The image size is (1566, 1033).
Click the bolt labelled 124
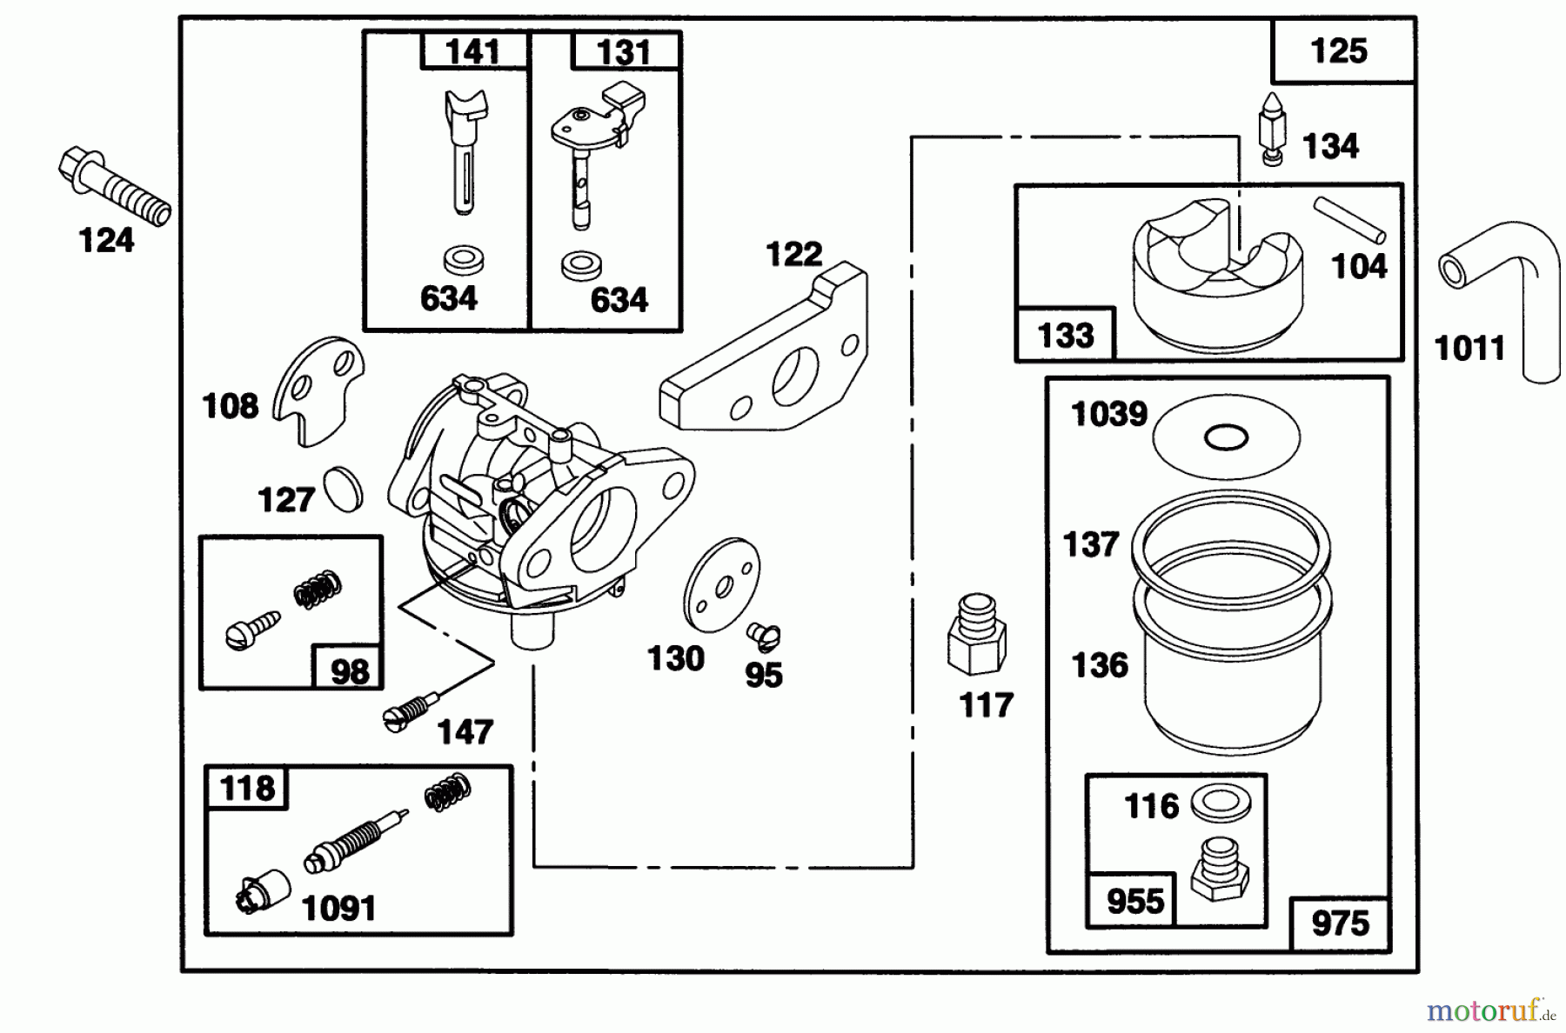pyautogui.click(x=113, y=185)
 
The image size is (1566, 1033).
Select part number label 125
pyautogui.click(x=1339, y=51)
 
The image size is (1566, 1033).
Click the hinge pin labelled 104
pyautogui.click(x=1348, y=220)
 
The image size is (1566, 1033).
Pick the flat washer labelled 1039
pyautogui.click(x=1226, y=437)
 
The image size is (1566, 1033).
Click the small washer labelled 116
pyautogui.click(x=1221, y=804)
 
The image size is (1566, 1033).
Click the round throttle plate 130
pyautogui.click(x=721, y=584)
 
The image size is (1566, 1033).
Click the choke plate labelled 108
pyautogui.click(x=318, y=389)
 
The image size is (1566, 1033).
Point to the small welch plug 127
pyautogui.click(x=343, y=489)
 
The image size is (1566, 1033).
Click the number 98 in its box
pyautogui.click(x=349, y=671)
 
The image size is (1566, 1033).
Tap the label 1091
pyautogui.click(x=338, y=909)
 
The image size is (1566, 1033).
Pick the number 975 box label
pyautogui.click(x=1340, y=923)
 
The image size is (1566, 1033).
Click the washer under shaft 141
pyautogui.click(x=463, y=259)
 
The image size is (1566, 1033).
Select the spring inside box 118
pyautogui.click(x=448, y=792)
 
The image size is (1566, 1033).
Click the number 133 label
pyautogui.click(x=1066, y=335)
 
